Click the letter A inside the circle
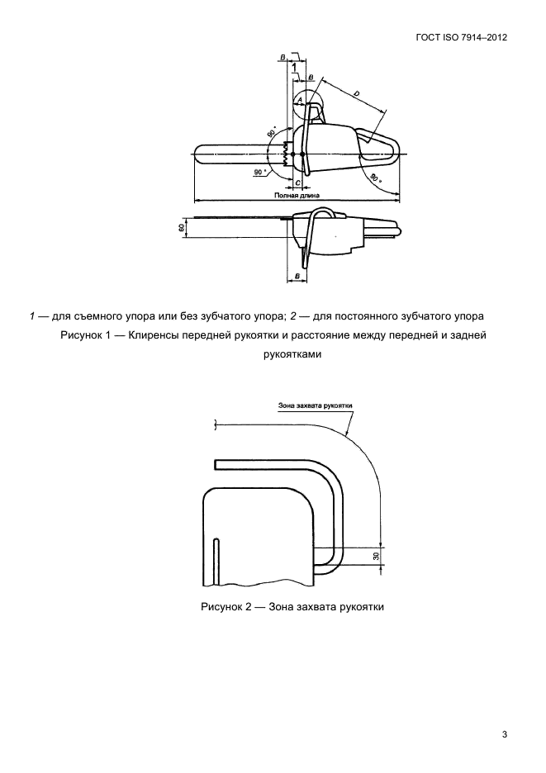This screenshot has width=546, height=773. pos(300,99)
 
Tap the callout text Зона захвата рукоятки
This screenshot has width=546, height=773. pos(315,405)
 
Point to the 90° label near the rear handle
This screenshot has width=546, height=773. pos(377,178)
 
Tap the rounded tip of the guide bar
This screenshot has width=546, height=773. pos(199,154)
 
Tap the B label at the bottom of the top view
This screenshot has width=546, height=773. pos(297,275)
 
